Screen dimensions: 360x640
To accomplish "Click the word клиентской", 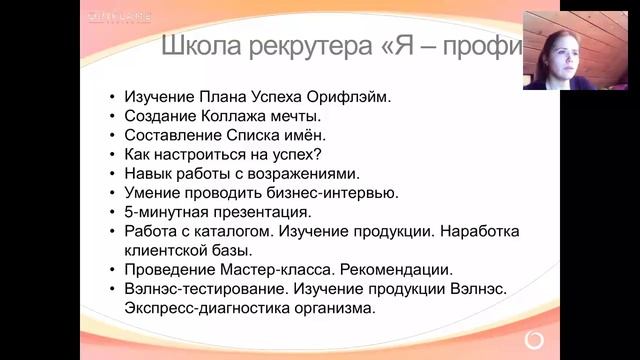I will click(x=166, y=250).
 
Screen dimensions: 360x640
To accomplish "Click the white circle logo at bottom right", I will click(x=536, y=337).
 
